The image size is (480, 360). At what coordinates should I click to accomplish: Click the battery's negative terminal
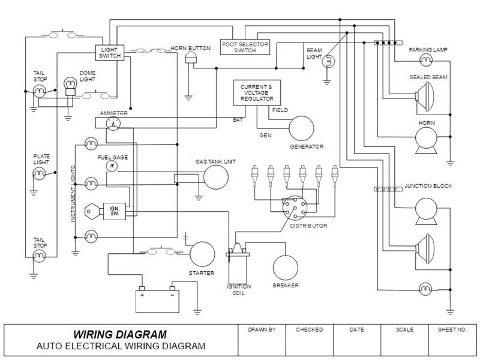(x=172, y=289)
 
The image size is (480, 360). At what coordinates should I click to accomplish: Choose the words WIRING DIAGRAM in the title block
(x=119, y=334)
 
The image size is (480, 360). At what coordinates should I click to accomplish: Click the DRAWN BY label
(x=262, y=329)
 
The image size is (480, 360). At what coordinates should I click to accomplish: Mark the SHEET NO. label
(x=452, y=329)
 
